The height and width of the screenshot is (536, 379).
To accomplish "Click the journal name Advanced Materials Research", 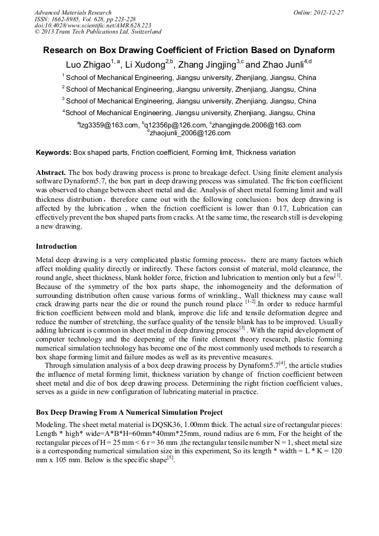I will tap(73, 12).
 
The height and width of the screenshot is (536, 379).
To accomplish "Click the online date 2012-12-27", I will tap(329, 12).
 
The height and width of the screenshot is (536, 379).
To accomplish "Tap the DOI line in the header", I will tap(93, 25).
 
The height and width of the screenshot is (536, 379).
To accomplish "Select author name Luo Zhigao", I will tap(88, 64).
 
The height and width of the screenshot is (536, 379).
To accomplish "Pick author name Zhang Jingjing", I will tap(206, 64).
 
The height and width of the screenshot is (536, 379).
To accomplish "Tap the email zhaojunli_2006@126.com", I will tap(190, 133).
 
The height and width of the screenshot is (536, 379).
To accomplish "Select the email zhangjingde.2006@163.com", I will tap(256, 125).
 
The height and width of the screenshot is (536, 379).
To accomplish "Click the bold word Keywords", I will tap(53, 153).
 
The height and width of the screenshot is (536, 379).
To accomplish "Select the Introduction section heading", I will tap(56, 246).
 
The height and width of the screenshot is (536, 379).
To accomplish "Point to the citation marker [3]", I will tap(242, 328).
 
